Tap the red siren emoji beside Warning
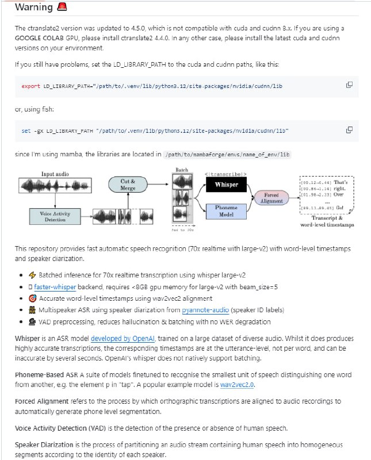63,7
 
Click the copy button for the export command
349,85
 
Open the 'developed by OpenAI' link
117,339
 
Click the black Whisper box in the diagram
225,185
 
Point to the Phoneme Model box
225,210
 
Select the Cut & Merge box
128,185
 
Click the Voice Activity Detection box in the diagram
56,216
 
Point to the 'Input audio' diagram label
55,174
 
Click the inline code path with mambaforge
227,155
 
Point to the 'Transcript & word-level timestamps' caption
327,222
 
